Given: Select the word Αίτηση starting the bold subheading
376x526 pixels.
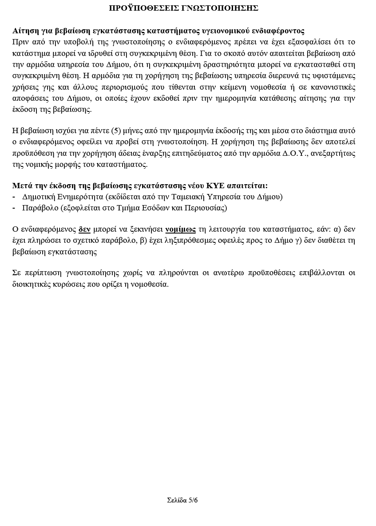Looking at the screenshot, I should click(x=25, y=31).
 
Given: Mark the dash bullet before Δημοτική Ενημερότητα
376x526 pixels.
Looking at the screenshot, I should click(x=14, y=197).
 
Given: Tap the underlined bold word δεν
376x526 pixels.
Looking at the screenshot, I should click(x=84, y=229).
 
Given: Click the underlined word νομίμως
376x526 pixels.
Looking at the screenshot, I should click(x=180, y=229).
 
